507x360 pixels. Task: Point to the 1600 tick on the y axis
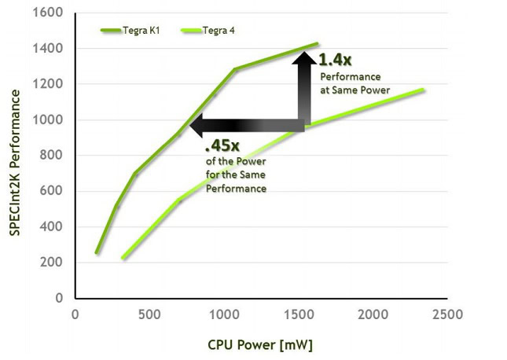52,13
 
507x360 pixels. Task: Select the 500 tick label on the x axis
149,314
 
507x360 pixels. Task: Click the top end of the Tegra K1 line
317,44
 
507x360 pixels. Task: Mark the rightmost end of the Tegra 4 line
424,90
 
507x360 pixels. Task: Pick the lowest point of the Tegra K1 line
97,252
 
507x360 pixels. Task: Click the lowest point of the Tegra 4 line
123,258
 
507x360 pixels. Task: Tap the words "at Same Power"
355,90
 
